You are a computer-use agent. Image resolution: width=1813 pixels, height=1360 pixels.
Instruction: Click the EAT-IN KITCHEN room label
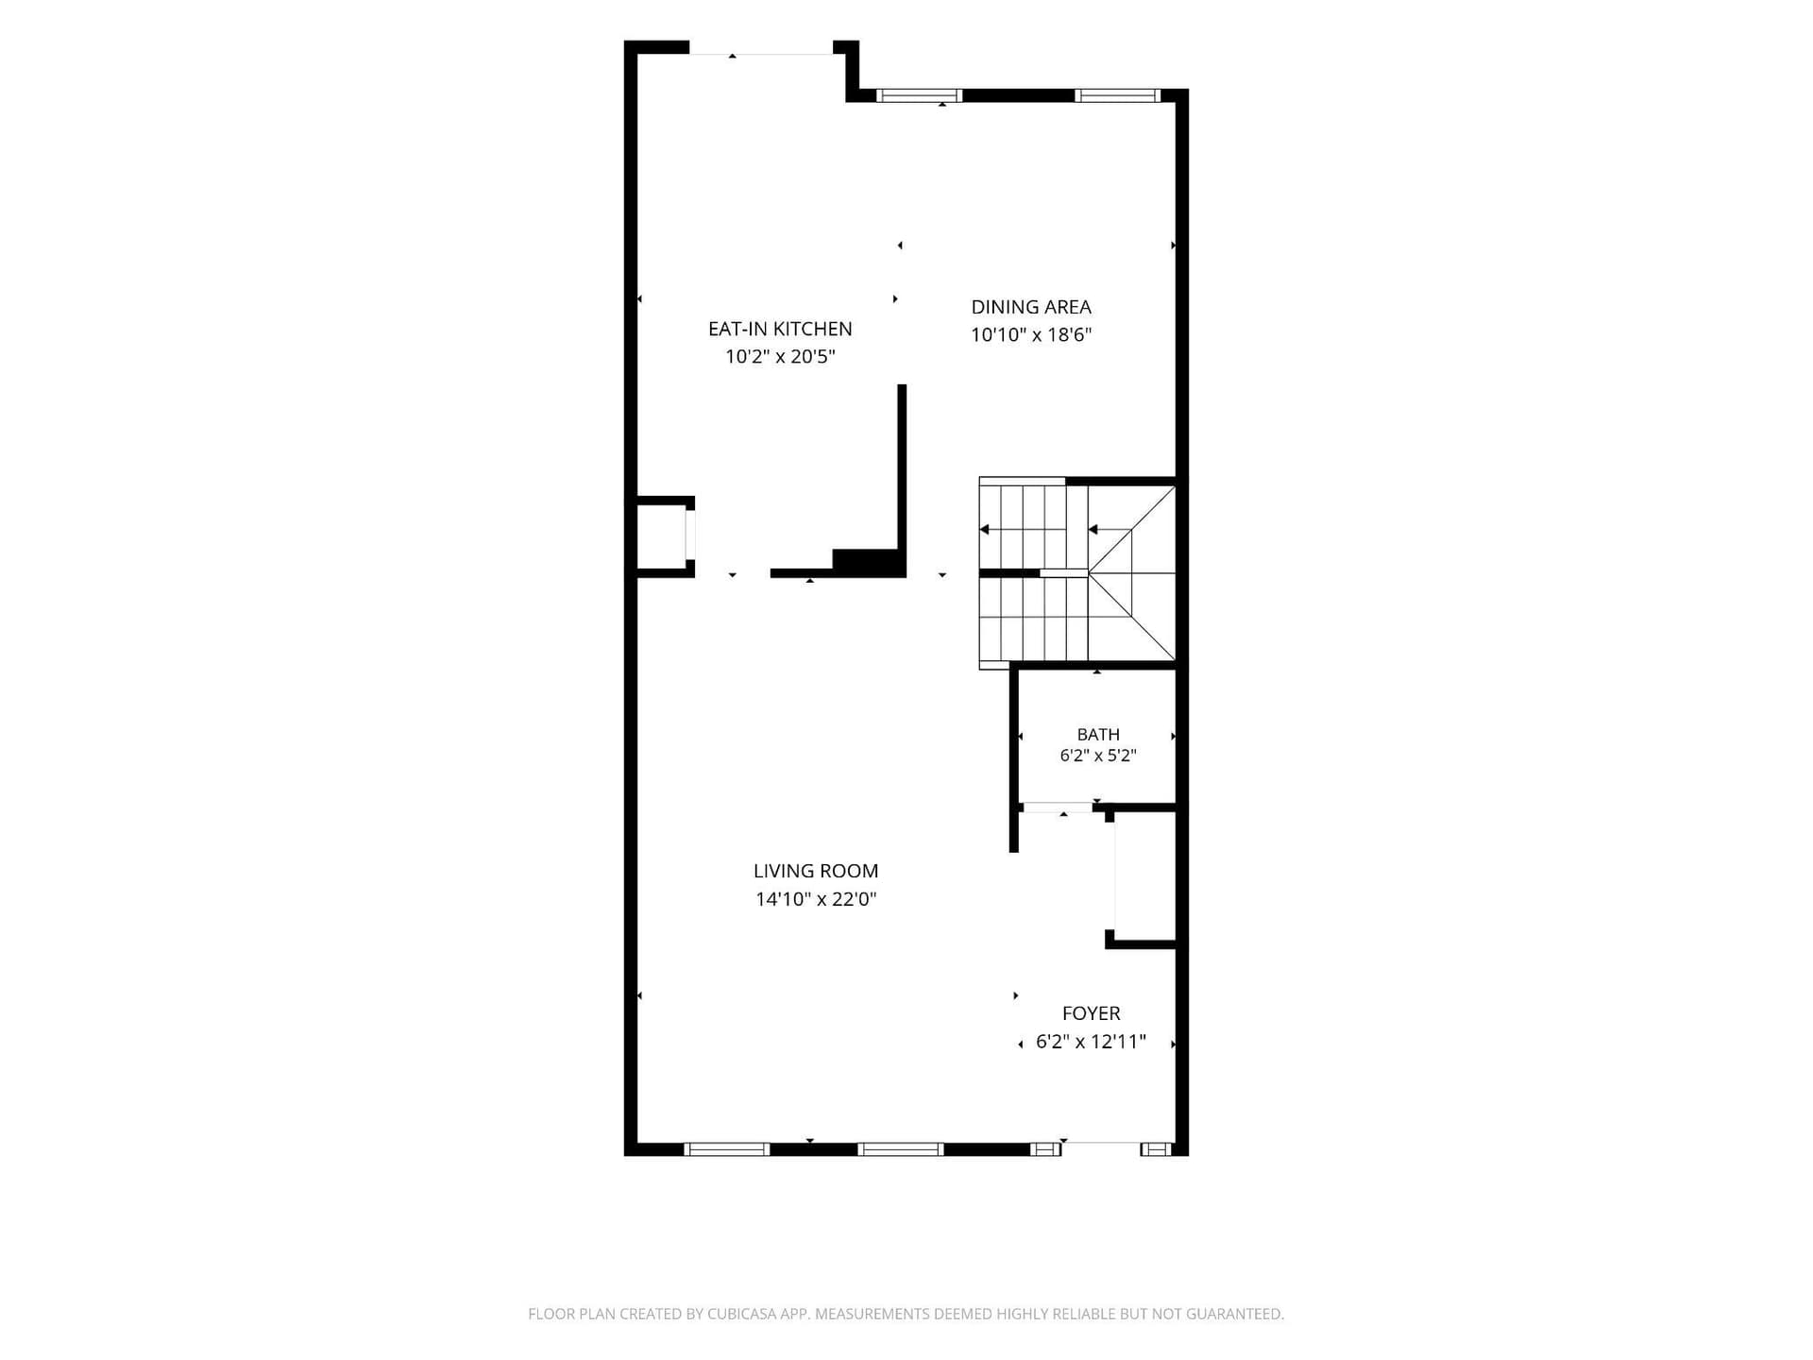pos(780,329)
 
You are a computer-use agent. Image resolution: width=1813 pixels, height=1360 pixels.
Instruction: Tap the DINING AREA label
pos(1031,307)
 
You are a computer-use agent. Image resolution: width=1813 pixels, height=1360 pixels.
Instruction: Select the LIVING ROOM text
pos(816,871)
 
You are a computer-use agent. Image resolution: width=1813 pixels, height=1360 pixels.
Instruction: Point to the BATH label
pos(1098,734)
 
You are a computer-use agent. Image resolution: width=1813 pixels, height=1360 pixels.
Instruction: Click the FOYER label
pos(1091,1013)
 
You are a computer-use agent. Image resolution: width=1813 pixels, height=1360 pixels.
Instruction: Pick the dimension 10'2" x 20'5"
pos(780,356)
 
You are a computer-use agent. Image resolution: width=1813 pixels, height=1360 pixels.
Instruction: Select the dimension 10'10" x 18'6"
pos(1031,334)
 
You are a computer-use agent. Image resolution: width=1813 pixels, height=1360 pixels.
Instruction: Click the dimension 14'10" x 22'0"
pos(816,899)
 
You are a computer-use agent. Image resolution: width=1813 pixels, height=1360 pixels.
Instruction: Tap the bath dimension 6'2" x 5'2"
pos(1098,756)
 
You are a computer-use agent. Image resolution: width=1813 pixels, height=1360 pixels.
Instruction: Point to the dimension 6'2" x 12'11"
pos(1091,1042)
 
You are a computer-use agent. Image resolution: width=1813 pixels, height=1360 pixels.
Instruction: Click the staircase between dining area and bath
pos(1077,573)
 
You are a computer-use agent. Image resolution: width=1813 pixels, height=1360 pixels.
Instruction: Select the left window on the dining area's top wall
pos(919,95)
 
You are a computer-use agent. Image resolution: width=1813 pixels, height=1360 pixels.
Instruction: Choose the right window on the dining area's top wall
pos(1118,95)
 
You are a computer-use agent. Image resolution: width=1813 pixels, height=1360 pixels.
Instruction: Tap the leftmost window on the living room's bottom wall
pos(726,1149)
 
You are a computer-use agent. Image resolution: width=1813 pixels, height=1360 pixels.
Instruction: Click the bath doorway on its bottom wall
pos(1058,807)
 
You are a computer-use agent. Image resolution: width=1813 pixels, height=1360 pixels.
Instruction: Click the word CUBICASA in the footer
pos(743,1314)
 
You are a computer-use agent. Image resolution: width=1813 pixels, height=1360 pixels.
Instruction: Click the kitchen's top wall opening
pos(761,48)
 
